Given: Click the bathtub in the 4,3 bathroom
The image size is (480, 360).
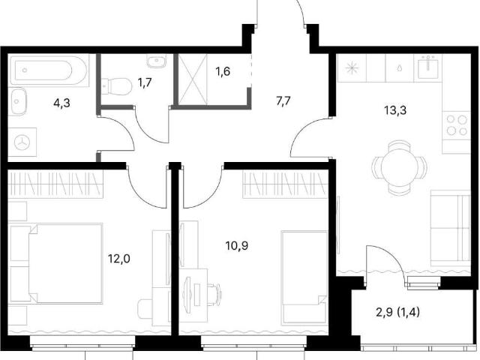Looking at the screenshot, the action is (x=48, y=70).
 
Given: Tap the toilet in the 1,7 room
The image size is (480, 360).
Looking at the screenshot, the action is (x=117, y=86).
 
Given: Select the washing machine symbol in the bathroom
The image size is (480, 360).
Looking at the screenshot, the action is (x=22, y=142).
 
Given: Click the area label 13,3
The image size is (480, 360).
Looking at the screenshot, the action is (x=395, y=110).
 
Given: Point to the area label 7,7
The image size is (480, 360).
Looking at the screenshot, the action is (x=283, y=100).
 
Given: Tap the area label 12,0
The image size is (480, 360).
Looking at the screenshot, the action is (x=118, y=259).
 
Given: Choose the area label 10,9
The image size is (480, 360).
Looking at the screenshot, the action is (x=237, y=245).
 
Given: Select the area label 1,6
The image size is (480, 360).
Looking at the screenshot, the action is (x=223, y=72).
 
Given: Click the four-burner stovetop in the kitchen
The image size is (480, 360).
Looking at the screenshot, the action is (x=457, y=125).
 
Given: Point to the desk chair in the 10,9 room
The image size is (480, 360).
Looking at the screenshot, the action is (x=214, y=294).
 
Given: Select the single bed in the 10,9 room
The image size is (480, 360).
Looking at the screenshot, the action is (x=305, y=277).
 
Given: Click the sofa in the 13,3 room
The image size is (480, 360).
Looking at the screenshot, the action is (x=450, y=228).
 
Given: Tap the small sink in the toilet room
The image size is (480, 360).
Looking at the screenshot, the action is (x=156, y=61).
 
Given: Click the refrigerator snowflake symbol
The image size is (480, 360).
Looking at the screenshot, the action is (x=352, y=68).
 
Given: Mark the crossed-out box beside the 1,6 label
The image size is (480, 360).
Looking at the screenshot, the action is (x=193, y=79).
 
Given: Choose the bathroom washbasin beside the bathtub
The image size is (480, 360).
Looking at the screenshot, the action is (x=18, y=101).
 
